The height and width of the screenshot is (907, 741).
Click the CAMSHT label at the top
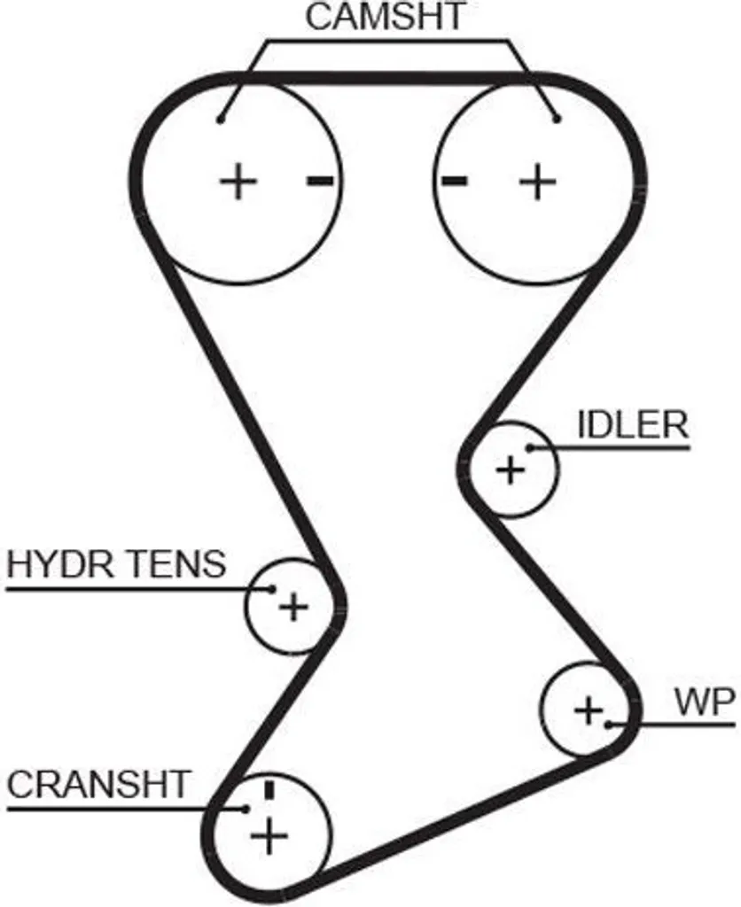(x=385, y=16)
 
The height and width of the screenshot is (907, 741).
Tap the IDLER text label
(x=634, y=425)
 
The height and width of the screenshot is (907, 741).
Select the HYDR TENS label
(x=116, y=564)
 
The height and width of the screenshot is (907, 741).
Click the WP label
(x=705, y=702)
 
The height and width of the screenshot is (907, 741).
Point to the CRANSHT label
(x=98, y=785)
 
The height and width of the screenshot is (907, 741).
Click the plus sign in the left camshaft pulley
(x=238, y=181)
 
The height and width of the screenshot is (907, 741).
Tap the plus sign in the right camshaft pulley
(x=538, y=182)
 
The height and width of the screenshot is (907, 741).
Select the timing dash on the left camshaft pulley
(x=320, y=182)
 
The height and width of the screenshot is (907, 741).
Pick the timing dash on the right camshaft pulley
(x=455, y=181)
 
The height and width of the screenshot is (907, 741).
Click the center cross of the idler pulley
(x=511, y=469)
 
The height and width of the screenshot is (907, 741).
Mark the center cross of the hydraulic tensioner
(x=294, y=607)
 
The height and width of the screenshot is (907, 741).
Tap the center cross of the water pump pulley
(x=589, y=709)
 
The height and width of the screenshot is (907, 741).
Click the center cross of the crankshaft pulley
(x=269, y=835)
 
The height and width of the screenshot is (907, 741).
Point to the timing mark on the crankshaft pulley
(x=269, y=789)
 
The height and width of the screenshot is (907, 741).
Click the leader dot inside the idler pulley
(x=530, y=447)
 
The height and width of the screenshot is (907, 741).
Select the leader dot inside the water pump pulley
(x=608, y=725)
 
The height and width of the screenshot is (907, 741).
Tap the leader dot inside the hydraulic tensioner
(x=271, y=589)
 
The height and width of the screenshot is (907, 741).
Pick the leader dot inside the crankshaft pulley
(x=246, y=809)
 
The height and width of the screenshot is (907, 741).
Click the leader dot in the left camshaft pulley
(x=220, y=120)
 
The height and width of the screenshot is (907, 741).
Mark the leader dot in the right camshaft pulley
(x=557, y=120)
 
